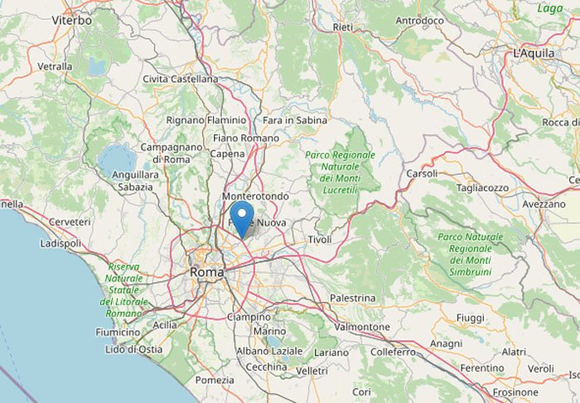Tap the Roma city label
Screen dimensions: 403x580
(206, 271)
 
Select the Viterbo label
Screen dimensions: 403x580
(72, 19)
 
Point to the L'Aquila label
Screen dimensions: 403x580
(533, 53)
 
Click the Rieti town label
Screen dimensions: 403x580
(342, 27)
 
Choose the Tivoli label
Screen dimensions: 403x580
(320, 239)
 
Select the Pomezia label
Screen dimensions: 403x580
(215, 380)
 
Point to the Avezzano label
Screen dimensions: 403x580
(544, 204)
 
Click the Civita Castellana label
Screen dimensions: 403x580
(181, 79)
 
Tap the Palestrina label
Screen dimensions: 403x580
(353, 297)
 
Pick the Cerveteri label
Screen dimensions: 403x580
(70, 222)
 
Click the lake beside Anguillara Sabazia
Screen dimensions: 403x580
(117, 157)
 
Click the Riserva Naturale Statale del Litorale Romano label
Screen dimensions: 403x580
(124, 290)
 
